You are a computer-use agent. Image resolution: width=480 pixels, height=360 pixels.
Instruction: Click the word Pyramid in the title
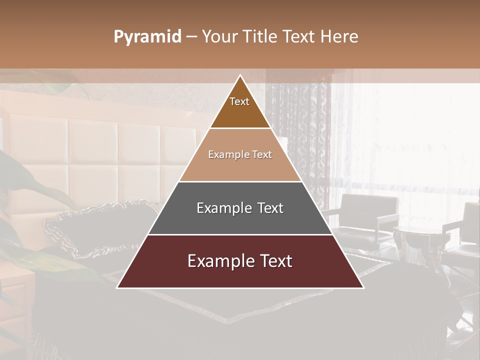147,37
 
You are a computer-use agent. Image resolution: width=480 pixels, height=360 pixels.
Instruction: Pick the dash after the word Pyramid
191,37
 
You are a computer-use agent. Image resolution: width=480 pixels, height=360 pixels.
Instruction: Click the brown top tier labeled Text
239,108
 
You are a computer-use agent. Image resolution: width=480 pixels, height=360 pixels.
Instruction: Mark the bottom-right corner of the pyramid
363,287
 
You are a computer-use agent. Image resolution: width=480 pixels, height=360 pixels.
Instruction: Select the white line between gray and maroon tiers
240,234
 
